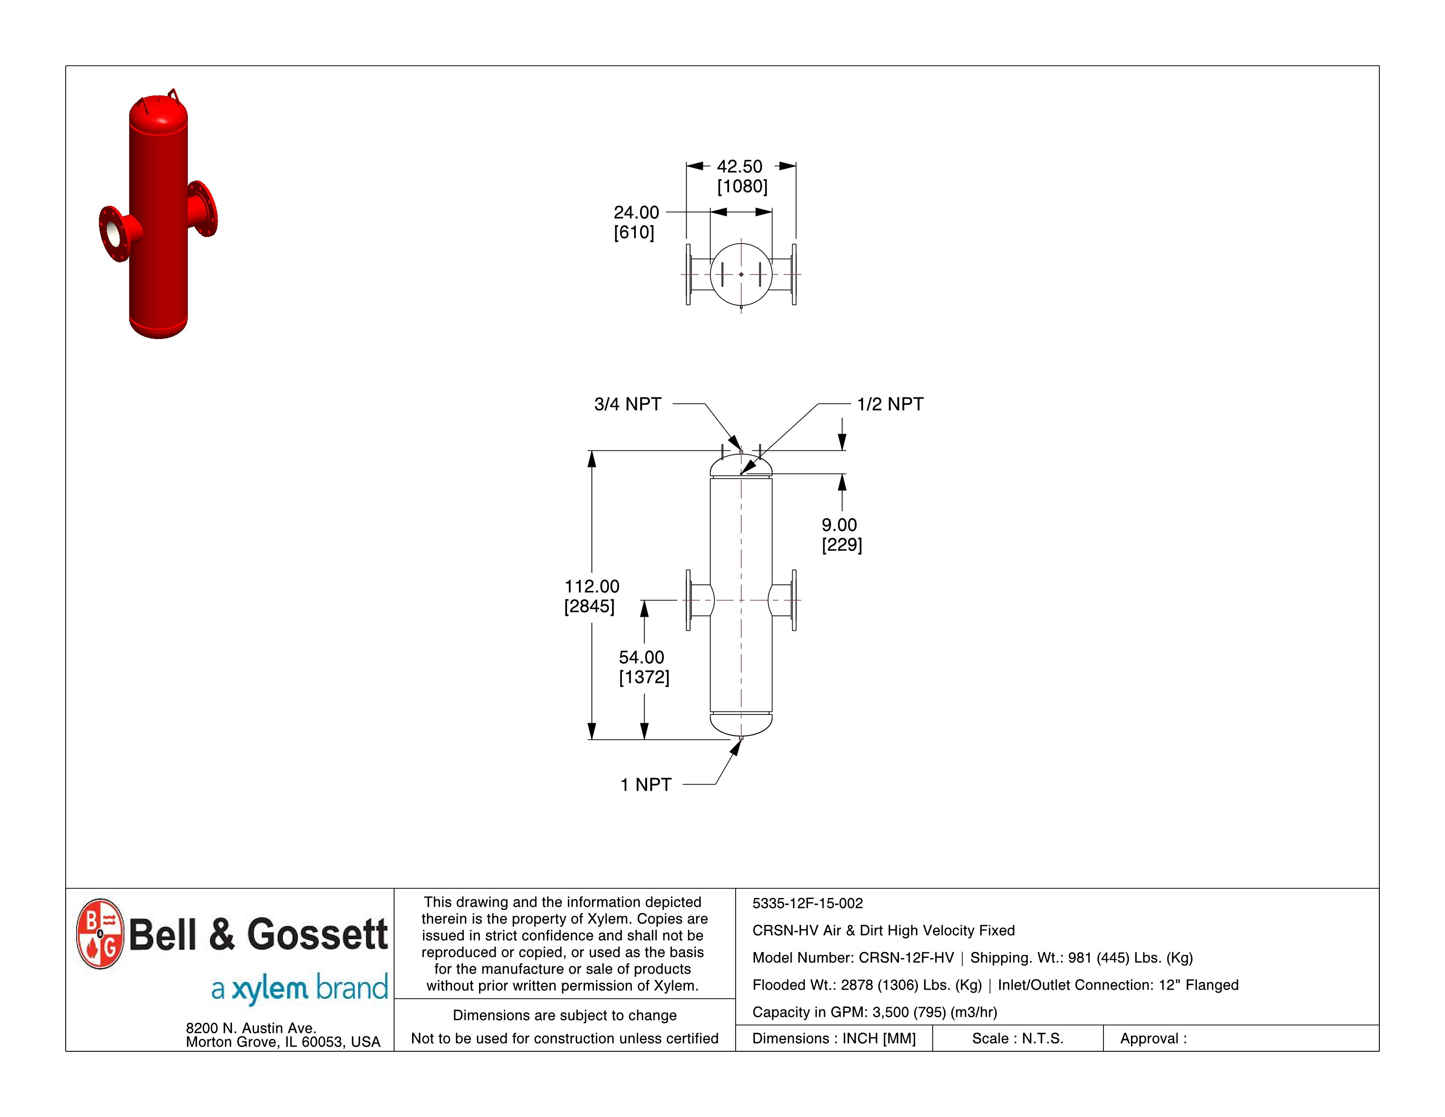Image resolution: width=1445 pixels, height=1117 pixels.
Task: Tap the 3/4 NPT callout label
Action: click(x=627, y=404)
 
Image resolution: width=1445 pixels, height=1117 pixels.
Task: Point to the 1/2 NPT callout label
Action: click(x=890, y=404)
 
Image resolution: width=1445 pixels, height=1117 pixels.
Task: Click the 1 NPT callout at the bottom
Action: click(x=646, y=785)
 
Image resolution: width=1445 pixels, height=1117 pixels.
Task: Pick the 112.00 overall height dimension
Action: click(x=592, y=586)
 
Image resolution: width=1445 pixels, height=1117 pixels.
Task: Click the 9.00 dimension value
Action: click(x=839, y=525)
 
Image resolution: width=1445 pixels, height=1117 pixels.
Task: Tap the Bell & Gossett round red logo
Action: click(x=100, y=934)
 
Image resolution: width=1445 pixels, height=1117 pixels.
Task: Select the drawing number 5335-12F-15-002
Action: click(x=807, y=903)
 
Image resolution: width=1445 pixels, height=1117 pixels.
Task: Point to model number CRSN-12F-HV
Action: click(x=906, y=958)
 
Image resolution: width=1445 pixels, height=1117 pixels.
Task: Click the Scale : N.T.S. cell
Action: click(x=1018, y=1038)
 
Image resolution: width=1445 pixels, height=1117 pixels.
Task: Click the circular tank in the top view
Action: click(x=741, y=274)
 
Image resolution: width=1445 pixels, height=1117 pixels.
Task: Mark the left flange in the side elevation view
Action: click(x=689, y=600)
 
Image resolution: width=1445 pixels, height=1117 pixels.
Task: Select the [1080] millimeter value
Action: click(x=742, y=187)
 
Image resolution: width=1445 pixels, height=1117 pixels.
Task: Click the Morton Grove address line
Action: click(x=283, y=1042)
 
